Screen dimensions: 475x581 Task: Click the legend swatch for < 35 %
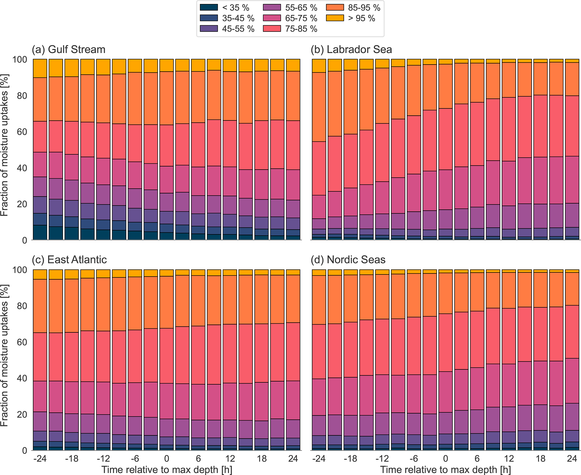209,8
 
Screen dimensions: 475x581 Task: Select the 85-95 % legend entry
364,8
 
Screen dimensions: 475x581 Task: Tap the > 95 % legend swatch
335,18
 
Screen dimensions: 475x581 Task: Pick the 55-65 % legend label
301,8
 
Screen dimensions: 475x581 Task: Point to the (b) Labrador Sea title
351,49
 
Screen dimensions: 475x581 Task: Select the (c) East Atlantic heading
69,259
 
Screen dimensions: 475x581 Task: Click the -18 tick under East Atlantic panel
72,458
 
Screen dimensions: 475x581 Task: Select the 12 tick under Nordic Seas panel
509,458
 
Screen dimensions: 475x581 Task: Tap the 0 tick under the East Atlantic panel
167,458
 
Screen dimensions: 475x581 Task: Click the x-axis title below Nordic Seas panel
446,470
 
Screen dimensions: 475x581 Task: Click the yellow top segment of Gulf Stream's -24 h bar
40,68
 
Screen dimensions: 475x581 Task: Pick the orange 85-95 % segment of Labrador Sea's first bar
319,107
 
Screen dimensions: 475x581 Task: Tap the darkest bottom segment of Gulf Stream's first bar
40,232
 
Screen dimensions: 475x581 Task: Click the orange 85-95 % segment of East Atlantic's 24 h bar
293,298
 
